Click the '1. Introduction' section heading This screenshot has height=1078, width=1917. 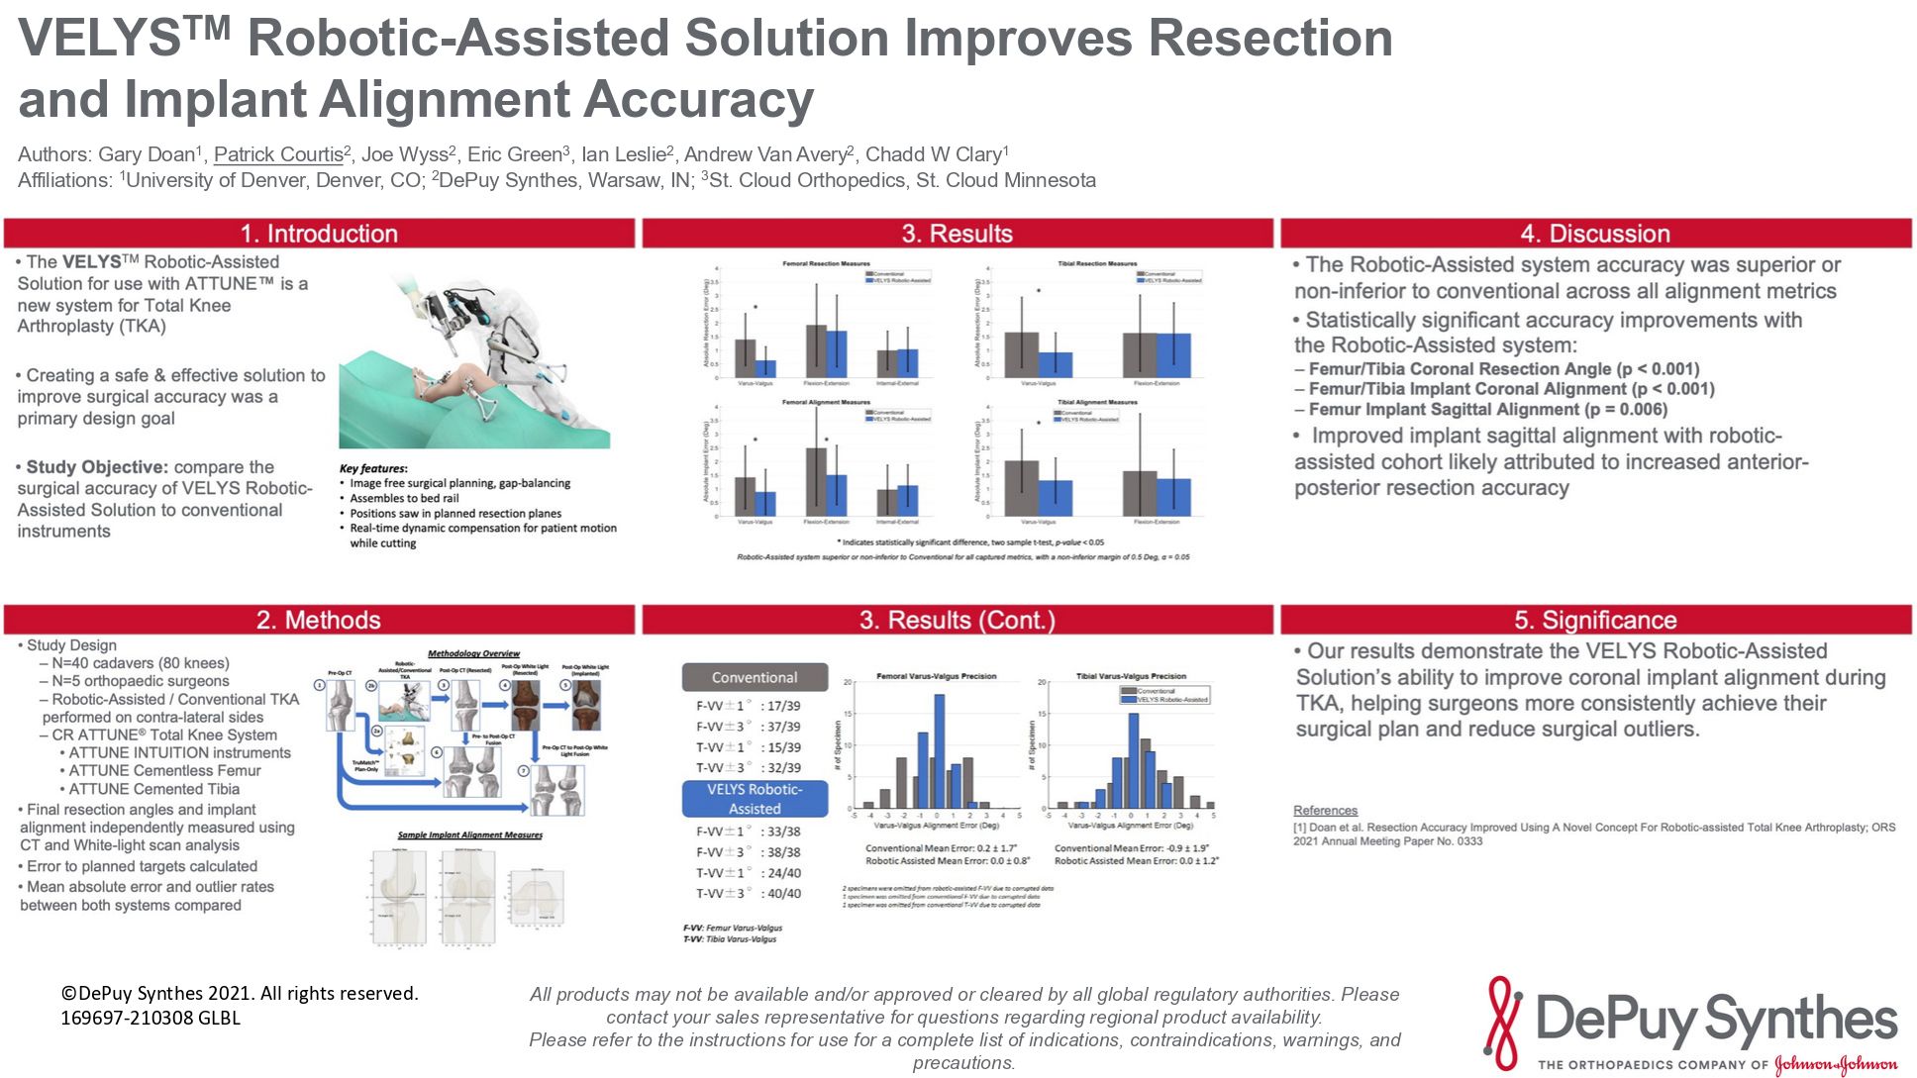tap(319, 234)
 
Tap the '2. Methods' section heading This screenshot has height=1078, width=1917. tap(319, 620)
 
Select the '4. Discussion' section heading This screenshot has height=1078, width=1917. tap(1594, 234)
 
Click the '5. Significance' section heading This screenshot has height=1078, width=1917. tap(1594, 620)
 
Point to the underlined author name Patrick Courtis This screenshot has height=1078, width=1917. tap(278, 154)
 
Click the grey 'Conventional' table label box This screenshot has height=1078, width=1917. tap(755, 678)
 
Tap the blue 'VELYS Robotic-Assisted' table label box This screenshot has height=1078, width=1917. tap(755, 799)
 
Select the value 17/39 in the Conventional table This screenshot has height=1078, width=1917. tap(783, 707)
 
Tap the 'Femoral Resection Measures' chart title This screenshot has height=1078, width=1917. tap(827, 264)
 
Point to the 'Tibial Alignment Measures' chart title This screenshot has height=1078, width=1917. tap(1097, 403)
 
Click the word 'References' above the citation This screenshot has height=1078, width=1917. tap(1325, 811)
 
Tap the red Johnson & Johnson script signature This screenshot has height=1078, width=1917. tap(1836, 1065)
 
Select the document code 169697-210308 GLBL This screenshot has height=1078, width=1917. tap(151, 1018)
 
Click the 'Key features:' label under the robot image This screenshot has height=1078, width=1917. tap(373, 468)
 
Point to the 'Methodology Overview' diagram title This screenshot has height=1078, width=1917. tap(473, 653)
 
